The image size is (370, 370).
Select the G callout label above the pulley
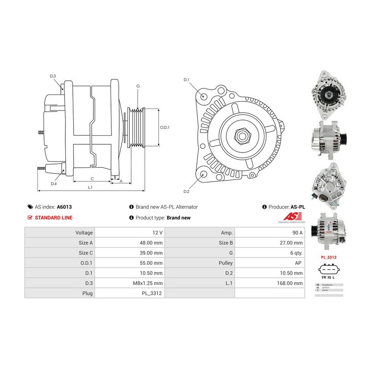point(138,86)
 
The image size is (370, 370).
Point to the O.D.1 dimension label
point(164,127)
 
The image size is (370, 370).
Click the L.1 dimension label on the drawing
point(90,187)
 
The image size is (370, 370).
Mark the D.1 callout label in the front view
point(186,79)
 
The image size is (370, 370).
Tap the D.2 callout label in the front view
point(186,192)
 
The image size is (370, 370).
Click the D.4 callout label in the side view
point(54,184)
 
